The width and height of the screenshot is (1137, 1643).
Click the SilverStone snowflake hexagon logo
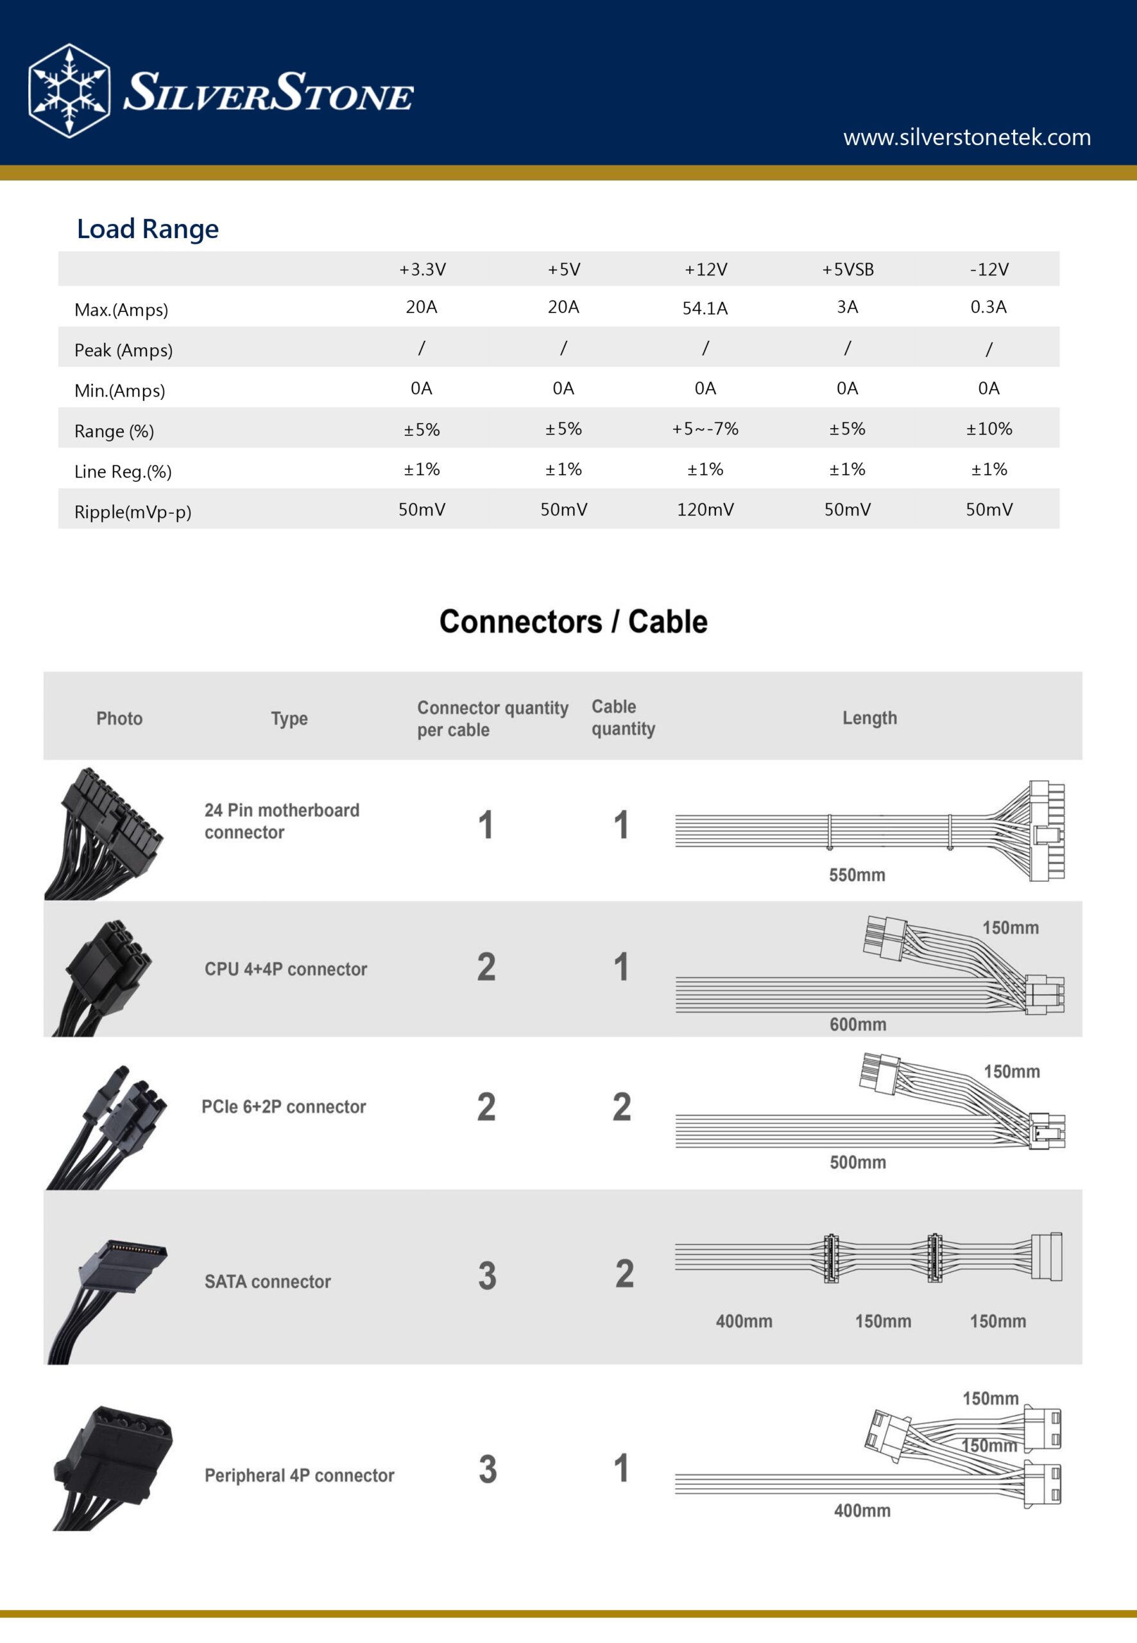[x=69, y=90]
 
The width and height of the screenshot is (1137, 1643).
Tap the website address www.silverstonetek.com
[x=967, y=137]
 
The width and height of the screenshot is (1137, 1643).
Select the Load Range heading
[x=148, y=228]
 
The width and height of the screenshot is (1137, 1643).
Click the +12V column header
[x=705, y=270]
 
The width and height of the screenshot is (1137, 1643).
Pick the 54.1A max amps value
[x=705, y=309]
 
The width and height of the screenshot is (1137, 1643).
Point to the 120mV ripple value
[x=705, y=510]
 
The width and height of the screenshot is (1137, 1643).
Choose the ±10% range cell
[x=989, y=429]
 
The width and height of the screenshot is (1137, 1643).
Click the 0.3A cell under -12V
[x=988, y=307]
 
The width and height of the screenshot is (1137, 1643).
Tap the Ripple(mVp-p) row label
[x=133, y=512]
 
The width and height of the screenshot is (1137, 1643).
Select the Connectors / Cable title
[x=574, y=621]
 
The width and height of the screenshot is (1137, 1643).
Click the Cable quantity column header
[x=622, y=718]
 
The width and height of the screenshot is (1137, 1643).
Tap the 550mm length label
[x=857, y=875]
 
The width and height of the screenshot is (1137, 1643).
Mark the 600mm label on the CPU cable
[x=858, y=1024]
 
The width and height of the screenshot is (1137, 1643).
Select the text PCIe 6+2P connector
[x=284, y=1106]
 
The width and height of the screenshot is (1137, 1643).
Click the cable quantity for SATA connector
[x=624, y=1274]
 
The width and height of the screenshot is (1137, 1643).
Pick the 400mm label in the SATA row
[x=744, y=1321]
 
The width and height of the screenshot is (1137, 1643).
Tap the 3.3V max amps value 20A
[x=421, y=307]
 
